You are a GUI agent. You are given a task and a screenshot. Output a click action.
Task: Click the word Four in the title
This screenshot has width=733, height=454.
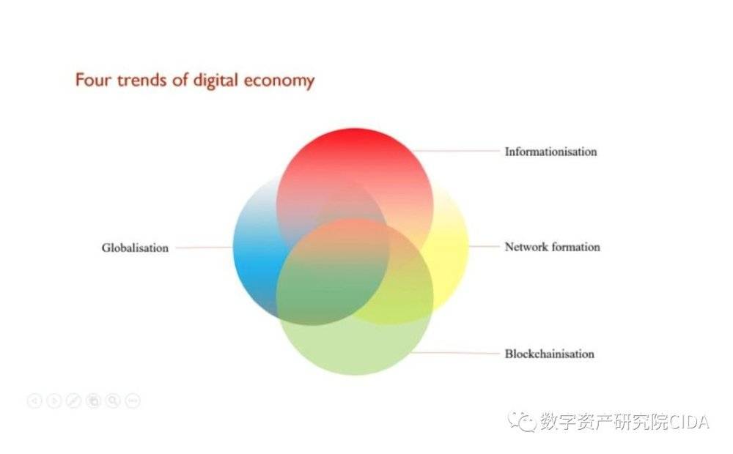94,81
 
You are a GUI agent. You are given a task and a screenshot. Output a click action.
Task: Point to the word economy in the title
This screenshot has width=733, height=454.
279,82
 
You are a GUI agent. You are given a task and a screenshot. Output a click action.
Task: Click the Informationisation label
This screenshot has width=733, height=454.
550,152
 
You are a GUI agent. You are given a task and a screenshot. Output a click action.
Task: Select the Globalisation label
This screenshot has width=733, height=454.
135,248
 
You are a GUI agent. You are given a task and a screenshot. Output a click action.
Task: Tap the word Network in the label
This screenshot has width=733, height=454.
526,247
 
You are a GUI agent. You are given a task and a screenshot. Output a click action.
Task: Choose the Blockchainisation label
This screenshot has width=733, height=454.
549,354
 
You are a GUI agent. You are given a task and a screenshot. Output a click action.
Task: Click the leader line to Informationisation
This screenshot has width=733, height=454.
457,151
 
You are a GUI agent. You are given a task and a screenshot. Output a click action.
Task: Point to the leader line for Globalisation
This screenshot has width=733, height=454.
205,248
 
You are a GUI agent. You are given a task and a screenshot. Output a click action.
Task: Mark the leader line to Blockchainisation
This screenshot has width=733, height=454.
455,353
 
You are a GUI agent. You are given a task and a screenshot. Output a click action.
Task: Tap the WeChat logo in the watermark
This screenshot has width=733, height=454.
522,421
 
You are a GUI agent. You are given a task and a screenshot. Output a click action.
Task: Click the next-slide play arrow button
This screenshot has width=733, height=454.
54,401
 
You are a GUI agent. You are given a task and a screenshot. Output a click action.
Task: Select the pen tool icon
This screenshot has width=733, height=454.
74,401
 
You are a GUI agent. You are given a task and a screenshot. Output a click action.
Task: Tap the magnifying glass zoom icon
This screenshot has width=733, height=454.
113,401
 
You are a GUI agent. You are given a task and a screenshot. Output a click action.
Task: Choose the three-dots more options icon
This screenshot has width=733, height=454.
133,401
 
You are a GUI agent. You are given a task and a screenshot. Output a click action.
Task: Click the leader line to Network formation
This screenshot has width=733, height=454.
484,246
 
